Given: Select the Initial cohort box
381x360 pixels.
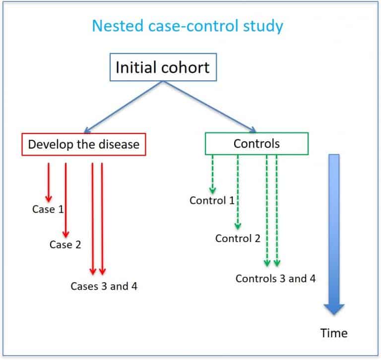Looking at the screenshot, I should coord(162,67).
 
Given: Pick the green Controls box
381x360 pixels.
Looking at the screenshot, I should coord(256,144).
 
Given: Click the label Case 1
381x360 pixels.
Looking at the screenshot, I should coord(48,209).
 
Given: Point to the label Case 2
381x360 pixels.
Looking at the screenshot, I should coord(65,244).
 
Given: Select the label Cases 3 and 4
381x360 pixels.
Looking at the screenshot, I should coord(104,286).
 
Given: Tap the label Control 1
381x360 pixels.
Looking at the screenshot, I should coord(212,200).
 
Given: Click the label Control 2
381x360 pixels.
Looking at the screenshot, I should coord(238,239).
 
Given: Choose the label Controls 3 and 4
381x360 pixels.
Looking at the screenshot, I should coord(275,278).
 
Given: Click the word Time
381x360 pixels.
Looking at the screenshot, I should coord(334,332).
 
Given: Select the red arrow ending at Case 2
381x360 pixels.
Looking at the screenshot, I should coord(65,198).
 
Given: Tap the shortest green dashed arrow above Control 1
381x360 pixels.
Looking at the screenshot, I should coord(212,174).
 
